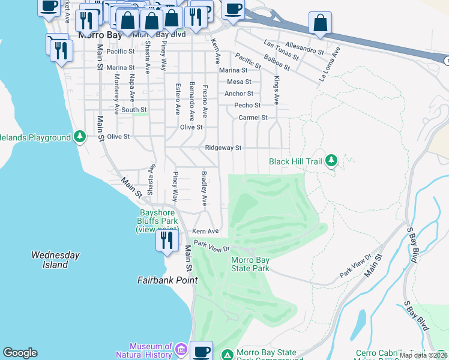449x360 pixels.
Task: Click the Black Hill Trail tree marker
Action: point(331,161)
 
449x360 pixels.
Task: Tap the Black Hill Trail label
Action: point(295,161)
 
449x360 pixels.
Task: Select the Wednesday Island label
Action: point(55,259)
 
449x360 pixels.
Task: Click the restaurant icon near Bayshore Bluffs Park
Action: point(166,241)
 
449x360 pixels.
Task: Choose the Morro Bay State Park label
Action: point(250,264)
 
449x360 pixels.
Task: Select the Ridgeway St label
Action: point(223,148)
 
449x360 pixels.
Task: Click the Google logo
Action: point(20,353)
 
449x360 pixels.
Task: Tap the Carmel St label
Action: point(252,118)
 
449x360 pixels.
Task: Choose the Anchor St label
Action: point(238,94)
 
